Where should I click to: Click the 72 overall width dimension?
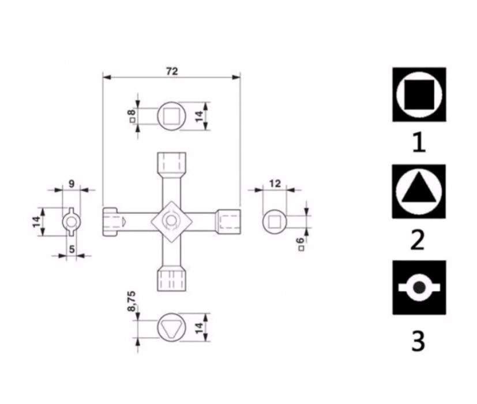tap(172, 72)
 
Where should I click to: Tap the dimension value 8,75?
tap(132, 301)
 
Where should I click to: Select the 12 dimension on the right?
tap(275, 184)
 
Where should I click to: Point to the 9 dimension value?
tap(72, 184)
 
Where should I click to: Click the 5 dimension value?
tap(72, 249)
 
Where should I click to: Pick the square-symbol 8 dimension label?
tap(132, 115)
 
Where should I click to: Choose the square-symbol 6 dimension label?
tap(301, 244)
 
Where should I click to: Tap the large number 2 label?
tap(418, 240)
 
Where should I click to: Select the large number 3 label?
tap(418, 341)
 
